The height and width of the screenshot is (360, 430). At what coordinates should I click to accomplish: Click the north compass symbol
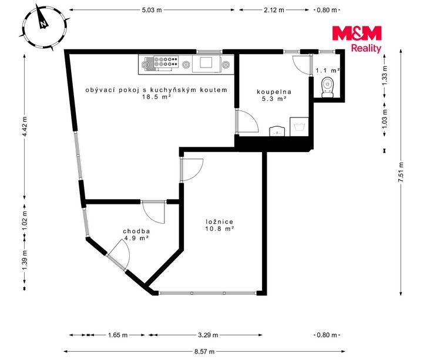[45, 28]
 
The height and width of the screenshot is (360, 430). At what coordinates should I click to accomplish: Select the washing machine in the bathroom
[299, 127]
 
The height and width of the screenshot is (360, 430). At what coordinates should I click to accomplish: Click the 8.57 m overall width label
[204, 352]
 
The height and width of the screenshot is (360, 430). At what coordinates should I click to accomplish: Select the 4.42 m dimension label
[25, 126]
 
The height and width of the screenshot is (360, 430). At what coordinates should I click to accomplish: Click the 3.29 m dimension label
[208, 335]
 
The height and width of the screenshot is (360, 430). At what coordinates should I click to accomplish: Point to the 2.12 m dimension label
[274, 10]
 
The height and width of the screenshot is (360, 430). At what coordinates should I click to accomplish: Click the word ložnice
[220, 222]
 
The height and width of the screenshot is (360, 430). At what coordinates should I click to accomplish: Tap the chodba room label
[136, 231]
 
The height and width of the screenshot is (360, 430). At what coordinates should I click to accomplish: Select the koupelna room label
[274, 92]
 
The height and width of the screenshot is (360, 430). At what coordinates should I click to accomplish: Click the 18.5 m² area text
[157, 96]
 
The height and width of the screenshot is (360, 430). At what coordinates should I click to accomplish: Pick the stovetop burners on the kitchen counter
[166, 62]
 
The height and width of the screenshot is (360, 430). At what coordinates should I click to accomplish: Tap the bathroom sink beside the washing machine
[277, 132]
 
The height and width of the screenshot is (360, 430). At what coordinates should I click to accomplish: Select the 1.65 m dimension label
[117, 335]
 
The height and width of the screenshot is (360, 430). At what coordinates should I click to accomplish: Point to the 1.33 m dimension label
[385, 76]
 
